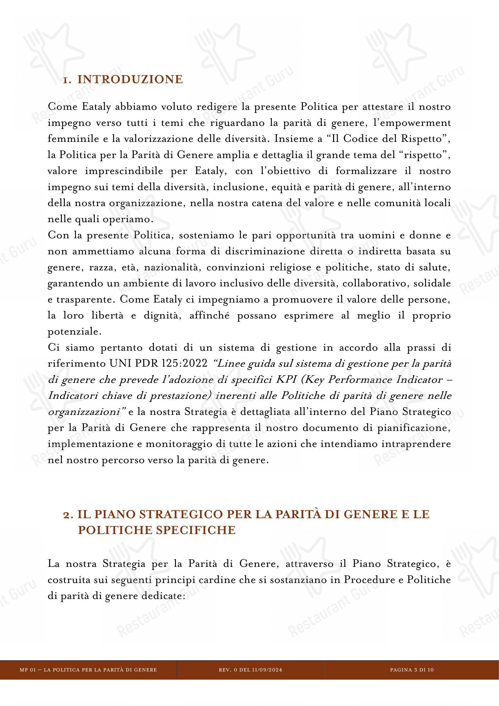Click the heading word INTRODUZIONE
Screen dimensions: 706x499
(x=130, y=80)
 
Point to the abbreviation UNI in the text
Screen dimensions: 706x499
(x=116, y=364)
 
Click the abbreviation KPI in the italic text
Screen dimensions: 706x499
(x=285, y=380)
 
